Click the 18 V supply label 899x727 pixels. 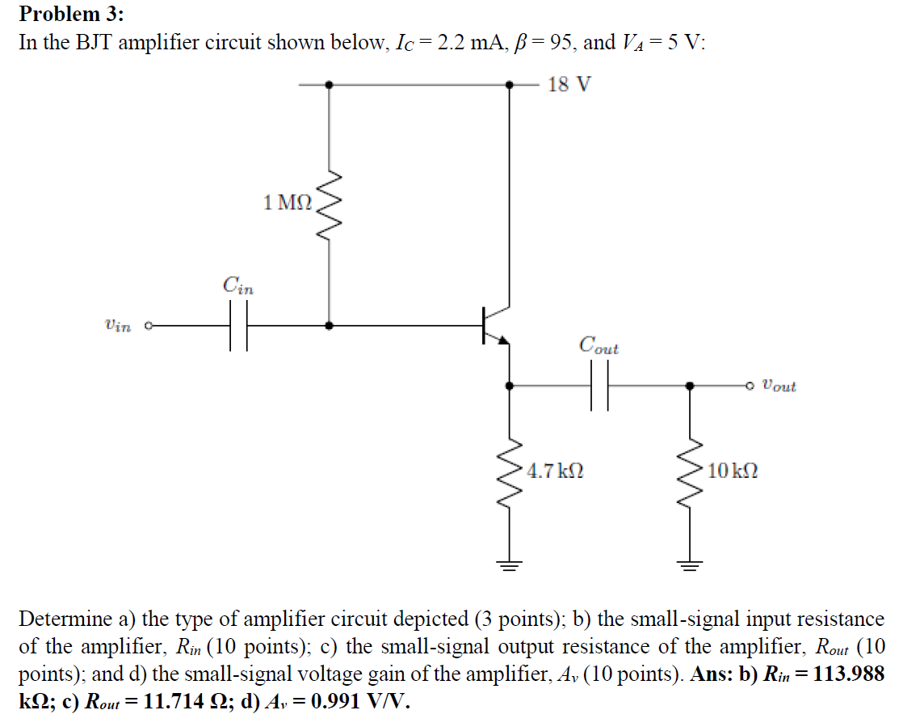(x=569, y=84)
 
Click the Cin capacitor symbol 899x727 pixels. (x=237, y=326)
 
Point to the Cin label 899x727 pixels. (x=237, y=285)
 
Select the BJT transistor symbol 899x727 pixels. (x=494, y=325)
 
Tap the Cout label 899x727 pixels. (x=599, y=345)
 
